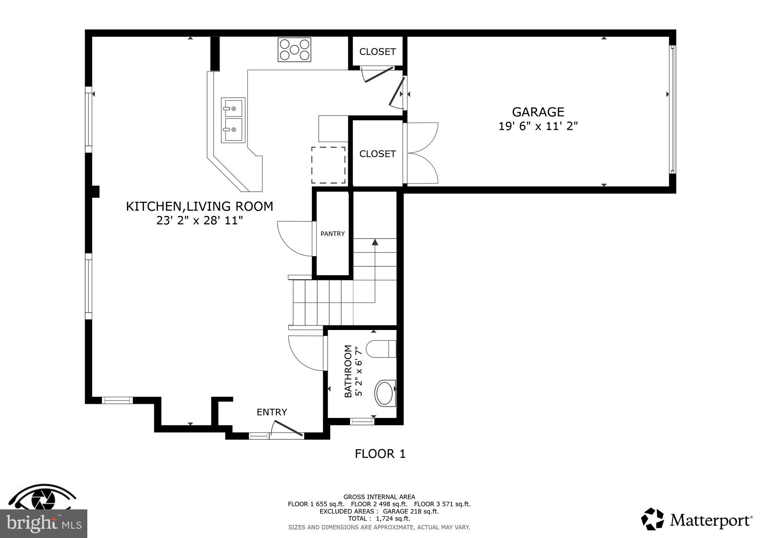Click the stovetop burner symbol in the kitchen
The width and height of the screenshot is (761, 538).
(x=294, y=50)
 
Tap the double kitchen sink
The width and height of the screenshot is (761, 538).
(x=233, y=120)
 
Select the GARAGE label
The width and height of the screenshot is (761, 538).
(x=538, y=112)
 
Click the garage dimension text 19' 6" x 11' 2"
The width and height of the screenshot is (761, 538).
(x=538, y=126)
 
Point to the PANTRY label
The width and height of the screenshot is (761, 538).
(x=333, y=234)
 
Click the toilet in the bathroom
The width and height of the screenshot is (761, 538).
(x=381, y=349)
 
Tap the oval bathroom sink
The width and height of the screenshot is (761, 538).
(x=385, y=393)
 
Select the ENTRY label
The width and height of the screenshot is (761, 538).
(x=272, y=412)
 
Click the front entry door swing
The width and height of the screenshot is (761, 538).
(x=287, y=428)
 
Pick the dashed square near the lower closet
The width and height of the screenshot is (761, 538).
(x=328, y=165)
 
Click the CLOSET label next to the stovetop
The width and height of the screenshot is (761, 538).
(x=377, y=52)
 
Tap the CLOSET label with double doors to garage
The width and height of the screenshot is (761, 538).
(x=377, y=154)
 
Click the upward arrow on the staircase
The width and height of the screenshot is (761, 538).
(x=375, y=242)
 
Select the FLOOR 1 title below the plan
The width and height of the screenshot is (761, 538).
(x=380, y=454)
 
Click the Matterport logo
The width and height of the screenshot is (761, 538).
(x=697, y=519)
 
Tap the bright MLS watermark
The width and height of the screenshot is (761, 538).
(x=43, y=524)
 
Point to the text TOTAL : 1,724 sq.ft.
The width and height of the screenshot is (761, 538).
(x=379, y=518)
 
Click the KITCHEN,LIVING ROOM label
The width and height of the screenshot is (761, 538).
(x=200, y=207)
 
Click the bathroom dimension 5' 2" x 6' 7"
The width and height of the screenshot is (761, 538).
(x=359, y=371)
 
